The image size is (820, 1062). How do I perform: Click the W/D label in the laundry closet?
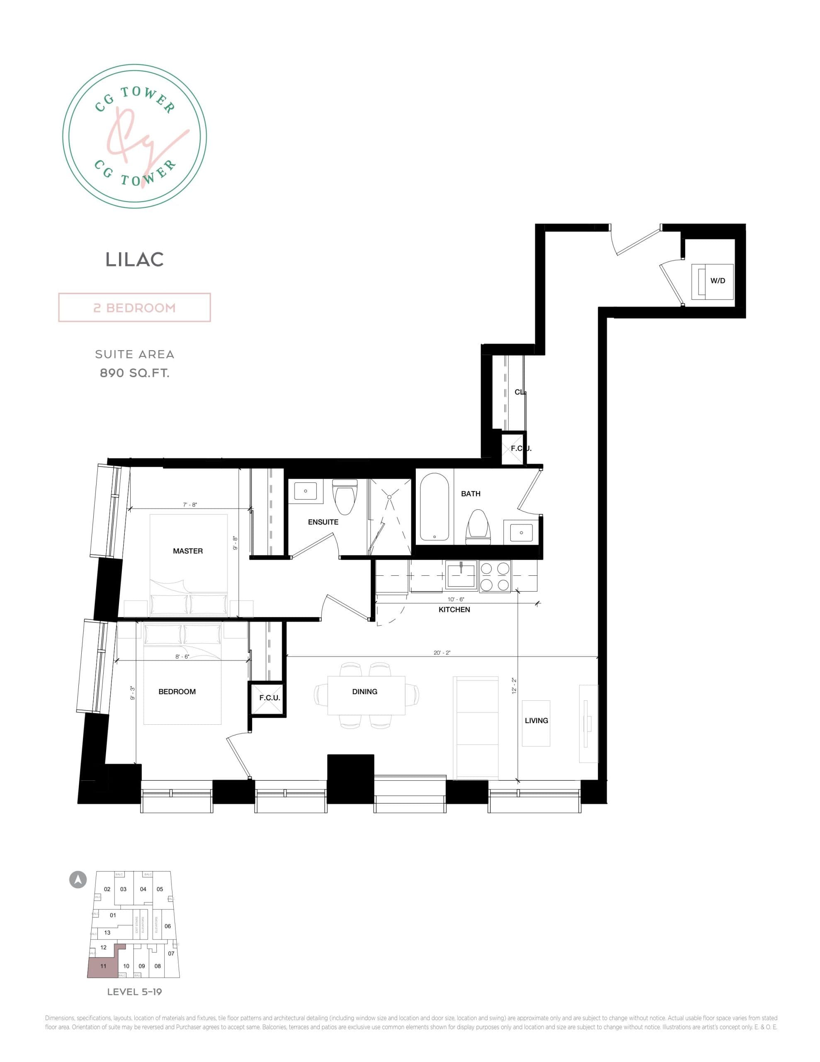(x=718, y=280)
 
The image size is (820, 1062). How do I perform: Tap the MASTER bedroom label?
(x=188, y=551)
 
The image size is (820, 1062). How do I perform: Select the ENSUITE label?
(x=323, y=522)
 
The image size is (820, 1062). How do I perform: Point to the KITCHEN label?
(x=454, y=609)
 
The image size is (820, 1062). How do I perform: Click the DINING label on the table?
(x=364, y=692)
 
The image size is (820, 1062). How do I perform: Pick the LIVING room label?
(x=536, y=721)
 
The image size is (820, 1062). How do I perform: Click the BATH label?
(x=471, y=494)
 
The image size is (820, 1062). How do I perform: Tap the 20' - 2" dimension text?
(x=442, y=653)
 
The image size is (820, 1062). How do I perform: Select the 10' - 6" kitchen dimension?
(x=456, y=599)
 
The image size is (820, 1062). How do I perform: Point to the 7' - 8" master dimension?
(x=189, y=505)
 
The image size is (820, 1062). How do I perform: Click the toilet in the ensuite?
(x=344, y=496)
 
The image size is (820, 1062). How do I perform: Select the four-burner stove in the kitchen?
(x=495, y=576)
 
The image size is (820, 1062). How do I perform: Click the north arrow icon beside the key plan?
(x=78, y=879)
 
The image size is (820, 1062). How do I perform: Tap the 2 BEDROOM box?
(x=134, y=307)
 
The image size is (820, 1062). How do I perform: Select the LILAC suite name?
(x=135, y=260)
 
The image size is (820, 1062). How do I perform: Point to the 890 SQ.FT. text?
(x=135, y=373)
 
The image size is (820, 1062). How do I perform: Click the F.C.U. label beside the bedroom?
(x=269, y=698)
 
